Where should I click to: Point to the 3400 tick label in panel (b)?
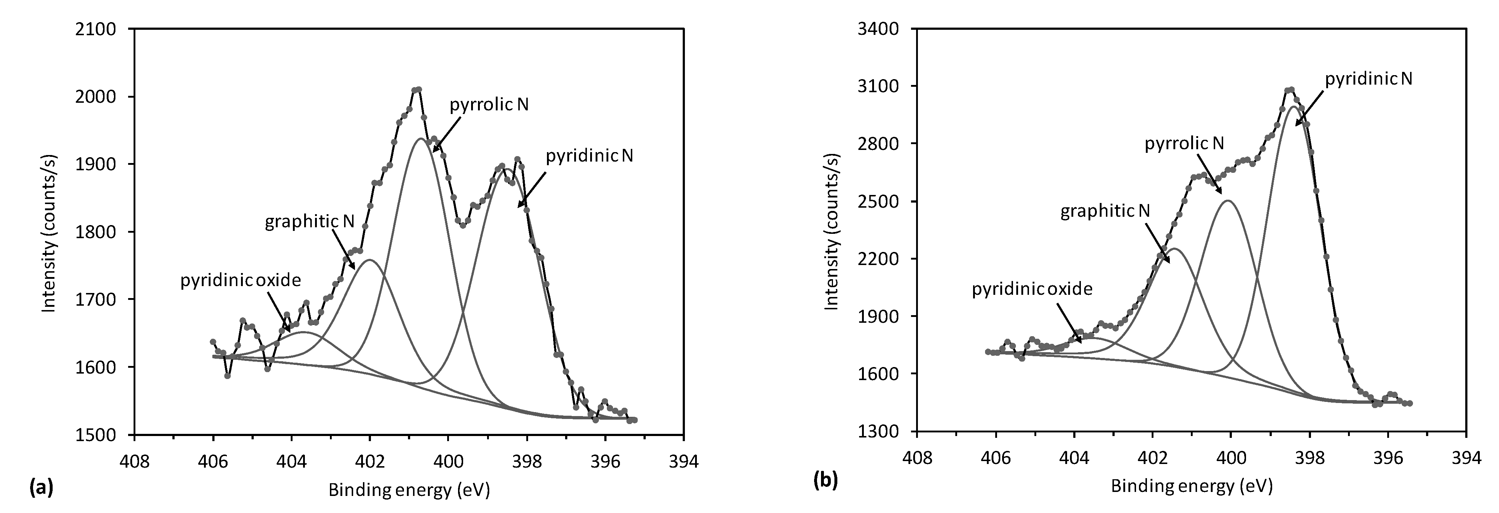point(878,29)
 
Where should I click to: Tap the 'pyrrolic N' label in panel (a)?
point(489,105)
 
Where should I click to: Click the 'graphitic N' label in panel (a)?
point(310,222)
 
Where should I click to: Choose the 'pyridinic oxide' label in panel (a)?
point(240,281)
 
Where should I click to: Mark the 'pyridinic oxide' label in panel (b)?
point(1032,289)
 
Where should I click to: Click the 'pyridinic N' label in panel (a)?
point(589,156)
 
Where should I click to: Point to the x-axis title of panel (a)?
point(409,490)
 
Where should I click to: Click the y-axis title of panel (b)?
point(832,231)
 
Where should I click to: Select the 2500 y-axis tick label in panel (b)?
point(878,201)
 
